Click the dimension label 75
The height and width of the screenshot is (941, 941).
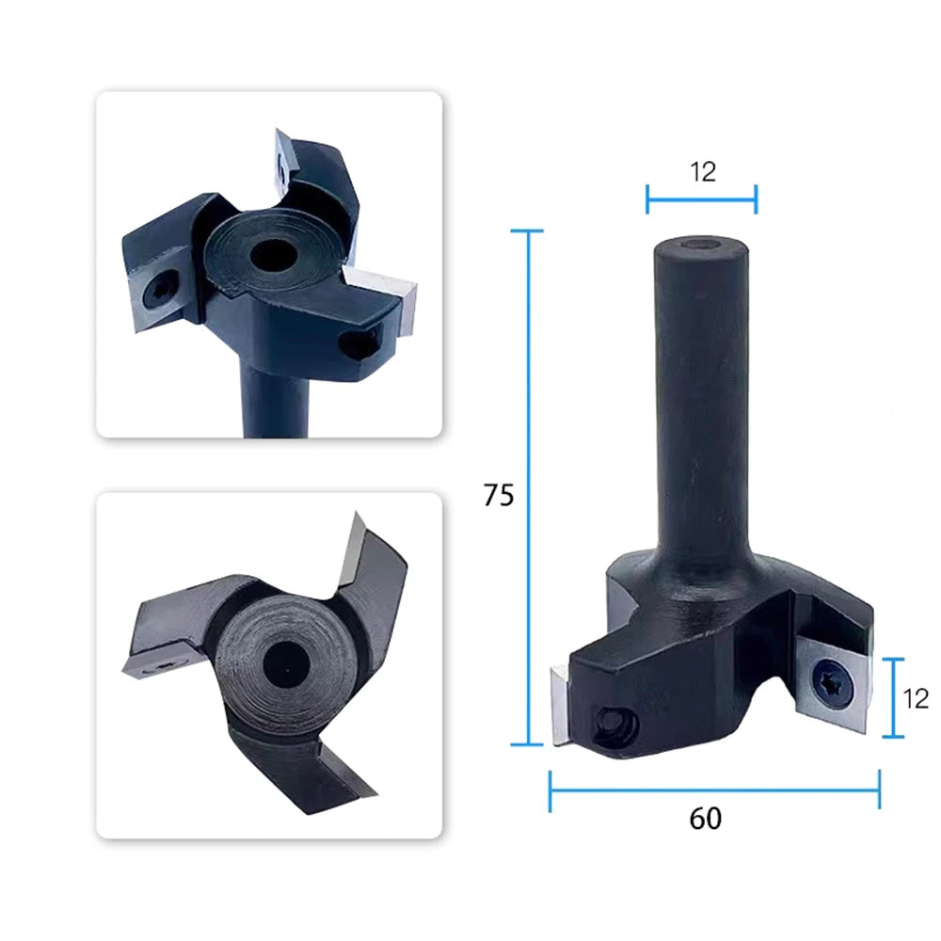tap(499, 496)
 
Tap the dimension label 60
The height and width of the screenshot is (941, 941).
tap(706, 819)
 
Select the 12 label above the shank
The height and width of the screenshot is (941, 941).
tap(703, 172)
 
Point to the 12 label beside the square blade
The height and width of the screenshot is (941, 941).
tap(916, 698)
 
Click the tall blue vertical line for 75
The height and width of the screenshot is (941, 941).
tap(528, 487)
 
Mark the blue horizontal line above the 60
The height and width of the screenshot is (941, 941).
tap(715, 789)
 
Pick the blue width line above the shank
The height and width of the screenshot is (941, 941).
tap(702, 199)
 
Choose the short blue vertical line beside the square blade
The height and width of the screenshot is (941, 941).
tap(894, 697)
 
